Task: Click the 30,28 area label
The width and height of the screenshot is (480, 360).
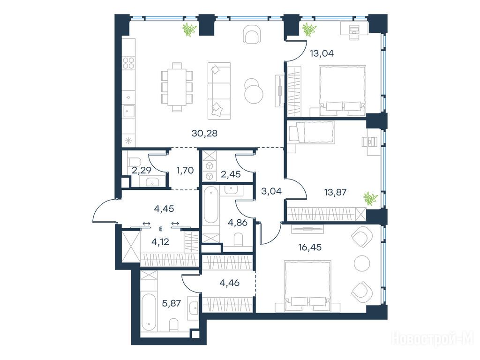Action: [204, 133]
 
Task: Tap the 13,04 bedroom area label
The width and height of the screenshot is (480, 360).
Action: [322, 53]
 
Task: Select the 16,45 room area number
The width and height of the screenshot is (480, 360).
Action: [310, 247]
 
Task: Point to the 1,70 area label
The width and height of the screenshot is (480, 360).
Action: [185, 170]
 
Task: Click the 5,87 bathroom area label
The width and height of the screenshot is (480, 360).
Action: [172, 303]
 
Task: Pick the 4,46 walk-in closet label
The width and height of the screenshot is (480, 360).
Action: [230, 283]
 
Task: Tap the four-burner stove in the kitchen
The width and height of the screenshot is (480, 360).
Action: [128, 63]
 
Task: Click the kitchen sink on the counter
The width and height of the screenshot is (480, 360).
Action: [129, 111]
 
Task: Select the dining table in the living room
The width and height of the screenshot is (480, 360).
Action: [177, 87]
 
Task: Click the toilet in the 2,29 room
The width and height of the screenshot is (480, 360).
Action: [134, 161]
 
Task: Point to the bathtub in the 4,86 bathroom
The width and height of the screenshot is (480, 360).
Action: [210, 205]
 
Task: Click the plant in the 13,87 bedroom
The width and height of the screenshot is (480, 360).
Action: [370, 198]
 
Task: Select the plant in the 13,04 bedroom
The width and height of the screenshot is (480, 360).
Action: [309, 30]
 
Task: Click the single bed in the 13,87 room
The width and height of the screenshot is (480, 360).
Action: [311, 132]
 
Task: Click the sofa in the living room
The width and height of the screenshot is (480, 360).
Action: [219, 91]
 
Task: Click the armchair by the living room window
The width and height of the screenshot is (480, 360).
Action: [253, 34]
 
